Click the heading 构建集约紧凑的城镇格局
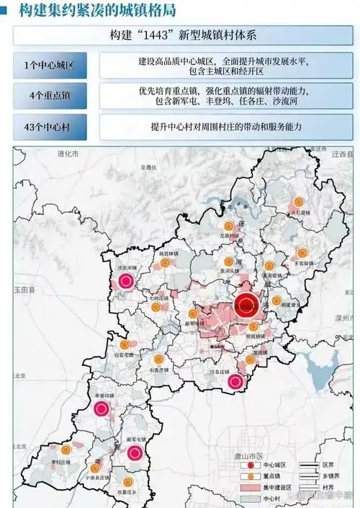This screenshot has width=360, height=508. [97, 10]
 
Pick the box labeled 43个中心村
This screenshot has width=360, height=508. [50, 127]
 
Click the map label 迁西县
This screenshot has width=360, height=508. [341, 154]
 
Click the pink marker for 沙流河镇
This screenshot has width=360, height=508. [127, 281]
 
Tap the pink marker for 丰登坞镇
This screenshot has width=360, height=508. [102, 409]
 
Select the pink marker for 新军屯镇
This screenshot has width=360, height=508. [135, 453]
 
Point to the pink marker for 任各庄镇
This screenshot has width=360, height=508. [235, 382]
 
